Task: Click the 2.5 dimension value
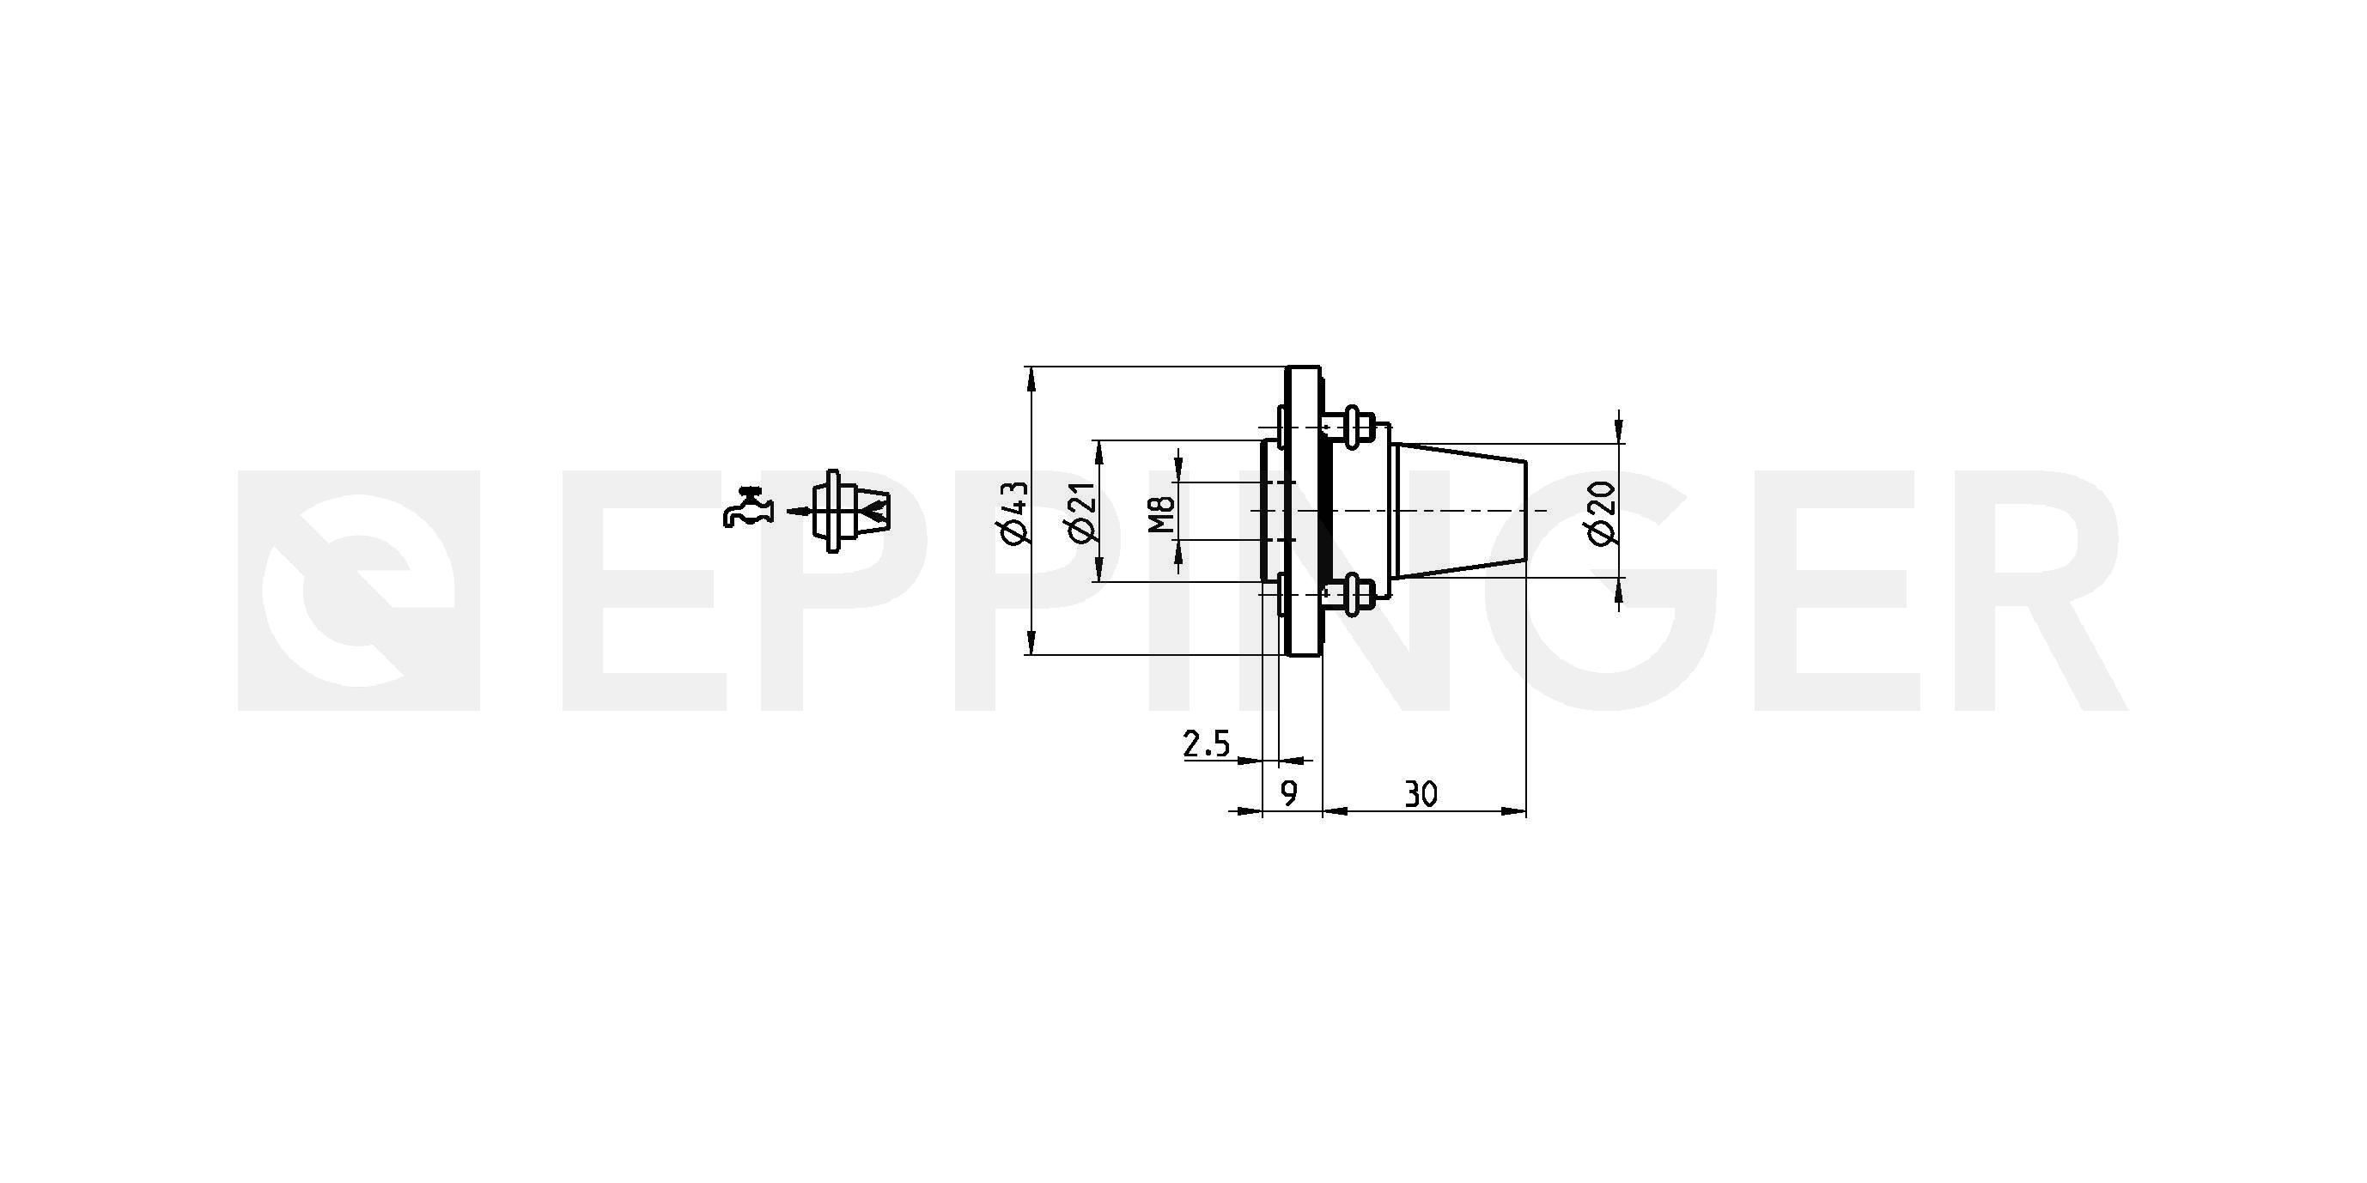(1207, 743)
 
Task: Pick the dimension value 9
(1290, 793)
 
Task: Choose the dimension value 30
(1421, 793)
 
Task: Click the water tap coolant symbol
(748, 507)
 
